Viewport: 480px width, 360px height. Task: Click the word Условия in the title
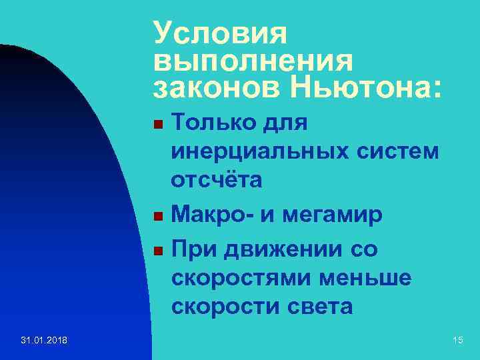click(x=219, y=32)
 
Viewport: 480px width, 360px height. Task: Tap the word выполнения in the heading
click(x=253, y=60)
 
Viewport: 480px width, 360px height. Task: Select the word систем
click(x=404, y=152)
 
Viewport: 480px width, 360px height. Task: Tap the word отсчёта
click(x=217, y=181)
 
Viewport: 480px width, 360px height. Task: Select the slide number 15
click(x=457, y=341)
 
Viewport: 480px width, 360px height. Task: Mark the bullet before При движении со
click(x=157, y=251)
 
